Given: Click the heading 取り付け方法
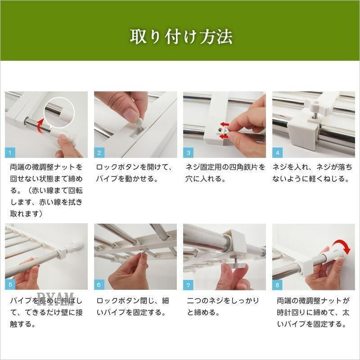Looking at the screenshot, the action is click(x=181, y=37).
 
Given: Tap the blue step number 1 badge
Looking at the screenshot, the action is click(x=10, y=153).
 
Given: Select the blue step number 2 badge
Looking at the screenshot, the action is click(x=99, y=153).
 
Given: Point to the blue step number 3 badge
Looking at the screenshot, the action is click(x=188, y=153).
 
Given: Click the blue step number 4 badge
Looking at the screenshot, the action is click(x=277, y=153).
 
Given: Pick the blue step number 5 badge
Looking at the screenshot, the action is click(x=10, y=285).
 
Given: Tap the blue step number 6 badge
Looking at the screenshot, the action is click(x=99, y=285).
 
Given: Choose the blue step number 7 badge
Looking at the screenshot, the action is click(x=188, y=285).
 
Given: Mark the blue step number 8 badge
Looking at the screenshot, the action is click(x=277, y=285).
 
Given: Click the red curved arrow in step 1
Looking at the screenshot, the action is click(x=39, y=126).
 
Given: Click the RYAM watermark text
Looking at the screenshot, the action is click(x=55, y=299).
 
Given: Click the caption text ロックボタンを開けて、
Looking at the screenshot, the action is click(x=134, y=167).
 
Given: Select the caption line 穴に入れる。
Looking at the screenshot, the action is click(x=206, y=179).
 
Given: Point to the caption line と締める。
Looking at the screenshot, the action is click(x=203, y=312).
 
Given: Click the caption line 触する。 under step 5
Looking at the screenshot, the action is click(x=23, y=324).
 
